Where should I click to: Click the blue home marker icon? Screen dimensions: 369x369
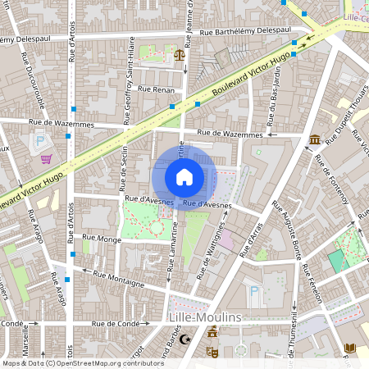pos(184,176)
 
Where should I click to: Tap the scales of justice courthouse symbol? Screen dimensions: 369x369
pos(180,55)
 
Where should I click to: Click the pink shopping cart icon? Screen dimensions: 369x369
pos(48,158)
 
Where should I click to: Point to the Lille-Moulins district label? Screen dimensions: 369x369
pos(203,317)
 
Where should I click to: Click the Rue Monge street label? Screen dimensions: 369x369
pos(102,238)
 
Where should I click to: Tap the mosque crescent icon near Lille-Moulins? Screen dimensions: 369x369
pos(186,339)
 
